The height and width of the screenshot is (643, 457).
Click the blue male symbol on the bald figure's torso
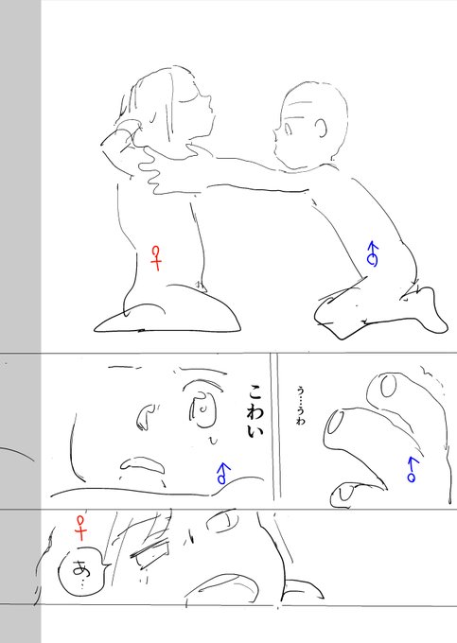pos(373,252)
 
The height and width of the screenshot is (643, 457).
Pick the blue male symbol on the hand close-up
pos(411,468)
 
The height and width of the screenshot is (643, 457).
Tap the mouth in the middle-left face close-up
pos(142,463)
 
